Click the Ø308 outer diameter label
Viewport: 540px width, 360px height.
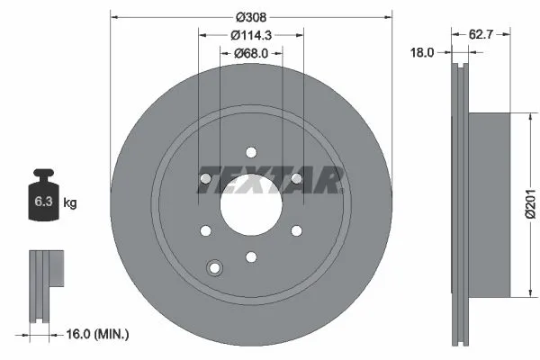(251, 16)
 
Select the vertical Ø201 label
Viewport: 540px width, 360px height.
(531, 204)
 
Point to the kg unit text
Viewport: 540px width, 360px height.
(70, 203)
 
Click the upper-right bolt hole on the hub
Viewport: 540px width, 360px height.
(296, 181)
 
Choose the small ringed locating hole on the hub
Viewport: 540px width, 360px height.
(214, 267)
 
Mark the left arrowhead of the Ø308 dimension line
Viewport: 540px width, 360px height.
(112, 16)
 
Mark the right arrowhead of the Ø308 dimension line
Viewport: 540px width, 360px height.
(390, 16)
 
